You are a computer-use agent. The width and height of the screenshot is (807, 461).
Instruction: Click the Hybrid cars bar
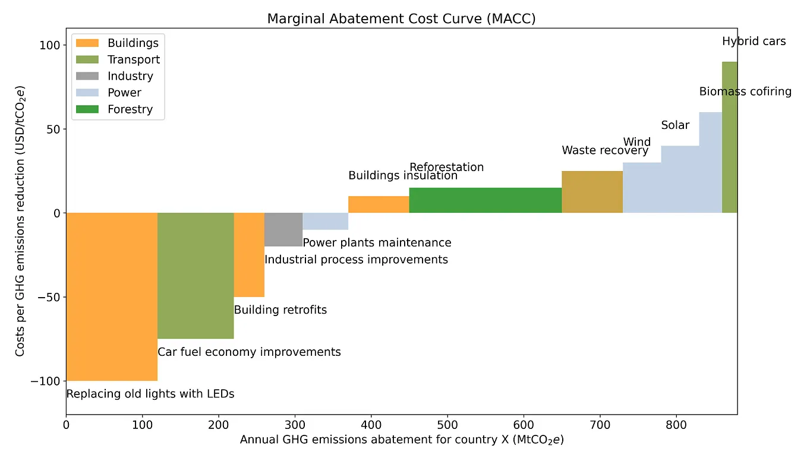coord(729,137)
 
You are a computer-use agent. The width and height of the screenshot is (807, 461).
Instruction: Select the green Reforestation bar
coord(485,200)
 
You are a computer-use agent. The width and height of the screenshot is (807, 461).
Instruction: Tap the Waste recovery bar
coord(592,192)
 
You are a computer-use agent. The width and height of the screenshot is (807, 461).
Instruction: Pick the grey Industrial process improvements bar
coord(283,229)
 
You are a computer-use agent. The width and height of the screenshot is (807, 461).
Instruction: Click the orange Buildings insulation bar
coord(379,204)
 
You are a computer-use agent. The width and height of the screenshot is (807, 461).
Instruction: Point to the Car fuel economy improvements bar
coord(196,275)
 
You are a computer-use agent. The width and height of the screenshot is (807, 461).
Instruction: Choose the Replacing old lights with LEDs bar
coord(112,296)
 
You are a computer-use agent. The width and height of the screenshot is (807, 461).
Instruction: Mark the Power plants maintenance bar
coord(325,221)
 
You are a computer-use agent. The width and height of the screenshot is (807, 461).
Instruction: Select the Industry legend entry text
coord(130,76)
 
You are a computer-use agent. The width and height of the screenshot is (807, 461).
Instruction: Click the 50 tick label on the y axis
coord(53,130)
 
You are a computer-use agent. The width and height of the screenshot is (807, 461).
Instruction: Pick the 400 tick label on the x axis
coord(371,425)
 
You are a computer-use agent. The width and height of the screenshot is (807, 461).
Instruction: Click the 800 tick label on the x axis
coord(676,425)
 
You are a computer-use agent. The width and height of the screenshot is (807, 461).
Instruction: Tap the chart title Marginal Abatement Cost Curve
coord(401,18)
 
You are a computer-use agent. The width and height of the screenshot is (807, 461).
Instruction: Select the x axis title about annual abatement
coord(401,440)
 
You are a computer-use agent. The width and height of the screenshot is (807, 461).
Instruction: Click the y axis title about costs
coord(20,221)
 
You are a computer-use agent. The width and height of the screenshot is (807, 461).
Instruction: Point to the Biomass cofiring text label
coord(745,91)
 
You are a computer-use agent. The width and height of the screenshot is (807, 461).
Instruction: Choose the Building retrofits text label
coord(280,310)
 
